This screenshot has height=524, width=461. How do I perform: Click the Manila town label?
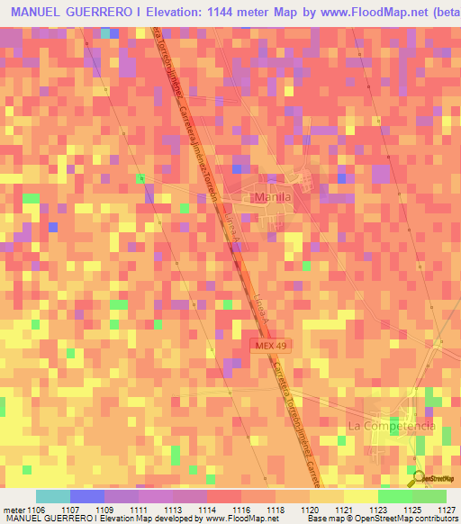coord(270,197)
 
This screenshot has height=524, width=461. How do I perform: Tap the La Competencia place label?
coord(392,424)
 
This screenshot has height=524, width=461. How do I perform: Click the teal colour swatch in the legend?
coord(53,496)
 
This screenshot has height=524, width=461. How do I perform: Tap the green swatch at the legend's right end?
coord(429,496)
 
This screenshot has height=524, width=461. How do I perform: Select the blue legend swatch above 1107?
coord(87,496)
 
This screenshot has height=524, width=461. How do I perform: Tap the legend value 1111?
coord(140,509)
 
